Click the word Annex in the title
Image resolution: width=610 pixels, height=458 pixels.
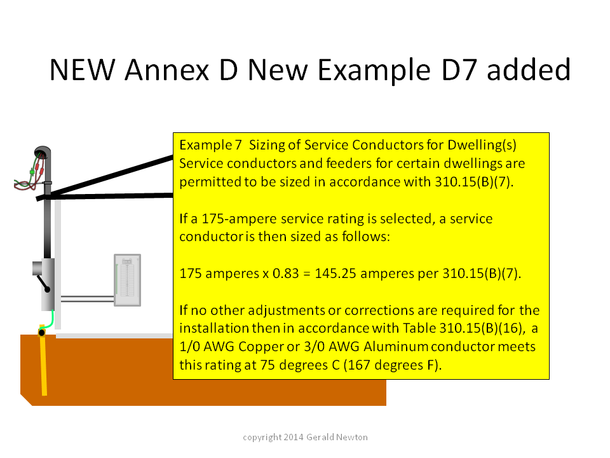tap(167, 70)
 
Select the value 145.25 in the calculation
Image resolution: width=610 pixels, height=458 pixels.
tap(335, 274)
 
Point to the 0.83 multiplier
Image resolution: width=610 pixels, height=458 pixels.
tap(285, 274)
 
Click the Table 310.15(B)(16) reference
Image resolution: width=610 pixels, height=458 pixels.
tap(462, 328)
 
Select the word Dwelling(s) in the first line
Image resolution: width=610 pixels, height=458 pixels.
tap(482, 145)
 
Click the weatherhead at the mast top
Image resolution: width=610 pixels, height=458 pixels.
tap(43, 152)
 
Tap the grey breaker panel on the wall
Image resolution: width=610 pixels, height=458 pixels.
tap(127, 280)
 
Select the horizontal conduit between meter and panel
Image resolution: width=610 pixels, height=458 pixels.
tap(88, 299)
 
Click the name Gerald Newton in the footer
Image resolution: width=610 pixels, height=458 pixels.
tap(337, 438)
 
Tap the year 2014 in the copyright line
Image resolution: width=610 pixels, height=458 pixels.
tap(294, 438)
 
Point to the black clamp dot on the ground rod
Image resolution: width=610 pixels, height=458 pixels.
tap(42, 333)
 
